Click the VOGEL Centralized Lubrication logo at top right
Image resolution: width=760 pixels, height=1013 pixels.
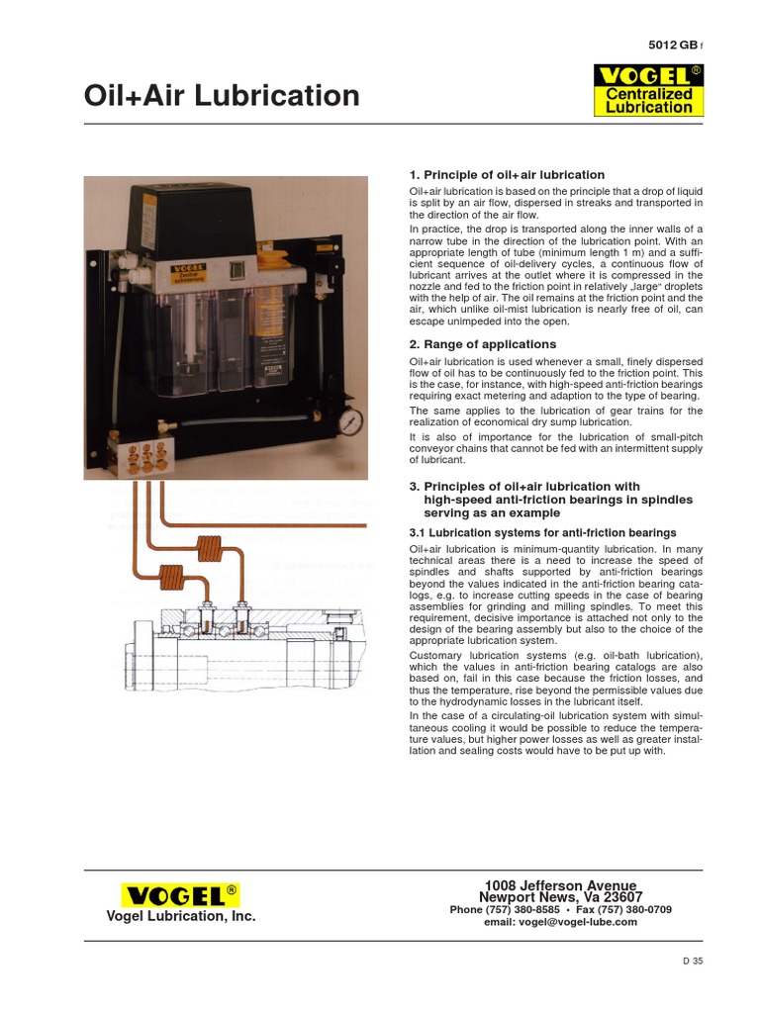648,90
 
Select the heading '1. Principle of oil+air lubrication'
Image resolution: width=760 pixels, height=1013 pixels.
507,175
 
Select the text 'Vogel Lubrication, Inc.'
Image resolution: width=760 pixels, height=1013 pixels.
180,917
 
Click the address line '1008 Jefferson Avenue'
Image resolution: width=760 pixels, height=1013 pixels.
560,884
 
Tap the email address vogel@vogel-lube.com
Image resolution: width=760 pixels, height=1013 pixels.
560,922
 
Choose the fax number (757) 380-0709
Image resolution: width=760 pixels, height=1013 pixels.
631,909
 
